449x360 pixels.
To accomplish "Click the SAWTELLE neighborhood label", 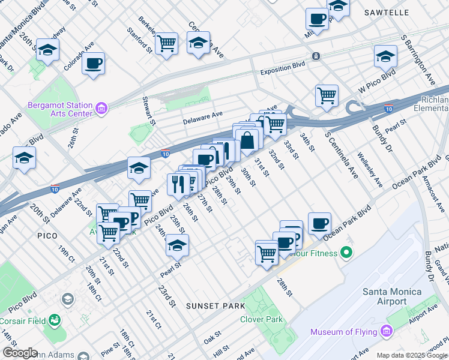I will [387, 13].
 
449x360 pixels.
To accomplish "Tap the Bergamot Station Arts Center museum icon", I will [101, 109].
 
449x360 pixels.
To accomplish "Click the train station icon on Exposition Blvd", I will [315, 56].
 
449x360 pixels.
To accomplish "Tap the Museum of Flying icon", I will [384, 332].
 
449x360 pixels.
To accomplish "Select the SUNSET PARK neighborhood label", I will [215, 306].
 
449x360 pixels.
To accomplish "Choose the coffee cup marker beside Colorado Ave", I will [93, 63].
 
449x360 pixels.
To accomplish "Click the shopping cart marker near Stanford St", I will [166, 43].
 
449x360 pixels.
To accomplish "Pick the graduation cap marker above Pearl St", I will [177, 245].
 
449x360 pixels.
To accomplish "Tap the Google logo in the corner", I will [20, 353].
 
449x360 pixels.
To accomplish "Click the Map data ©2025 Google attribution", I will [412, 355].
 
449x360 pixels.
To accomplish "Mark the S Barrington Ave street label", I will [419, 60].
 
